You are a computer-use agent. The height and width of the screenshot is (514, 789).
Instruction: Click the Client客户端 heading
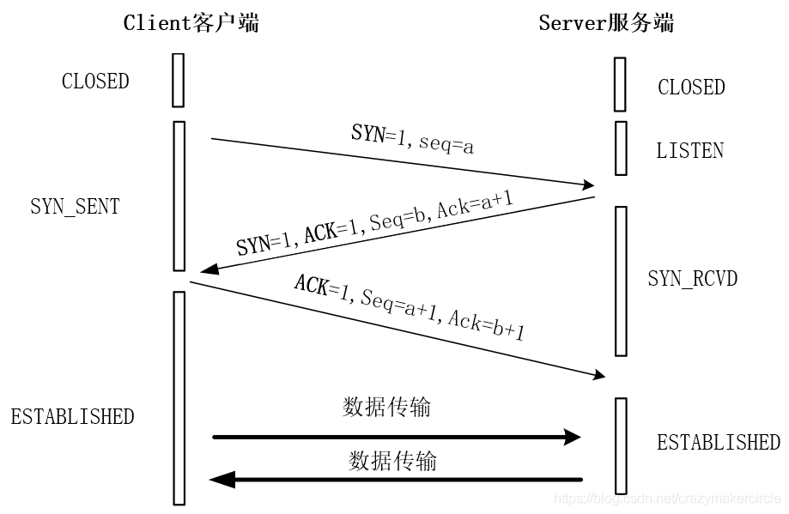click(191, 23)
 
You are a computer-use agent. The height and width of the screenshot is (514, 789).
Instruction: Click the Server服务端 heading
click(606, 23)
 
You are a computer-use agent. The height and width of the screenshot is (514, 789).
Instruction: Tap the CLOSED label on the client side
click(95, 82)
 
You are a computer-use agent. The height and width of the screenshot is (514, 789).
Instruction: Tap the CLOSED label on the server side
click(691, 88)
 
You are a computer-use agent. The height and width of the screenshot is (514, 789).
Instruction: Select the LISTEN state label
click(689, 151)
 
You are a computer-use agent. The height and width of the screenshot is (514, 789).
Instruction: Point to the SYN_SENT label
click(75, 207)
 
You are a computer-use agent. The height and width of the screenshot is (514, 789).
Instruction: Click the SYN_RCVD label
click(692, 279)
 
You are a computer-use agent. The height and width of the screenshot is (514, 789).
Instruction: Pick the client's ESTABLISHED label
click(72, 417)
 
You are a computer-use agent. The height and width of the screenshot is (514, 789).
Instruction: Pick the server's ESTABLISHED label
click(719, 443)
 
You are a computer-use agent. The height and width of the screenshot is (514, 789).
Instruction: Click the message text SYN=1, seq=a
click(413, 139)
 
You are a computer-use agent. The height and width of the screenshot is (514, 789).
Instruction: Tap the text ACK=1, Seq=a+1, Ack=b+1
click(409, 307)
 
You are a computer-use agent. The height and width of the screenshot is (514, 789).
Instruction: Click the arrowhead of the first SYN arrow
click(589, 184)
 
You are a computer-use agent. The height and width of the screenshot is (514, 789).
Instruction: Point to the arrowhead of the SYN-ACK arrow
click(207, 271)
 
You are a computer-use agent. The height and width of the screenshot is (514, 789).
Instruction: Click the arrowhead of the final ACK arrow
click(598, 376)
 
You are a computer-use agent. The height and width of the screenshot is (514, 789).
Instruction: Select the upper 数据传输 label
click(386, 407)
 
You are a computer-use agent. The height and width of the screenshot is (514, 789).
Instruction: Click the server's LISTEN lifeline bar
click(621, 148)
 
